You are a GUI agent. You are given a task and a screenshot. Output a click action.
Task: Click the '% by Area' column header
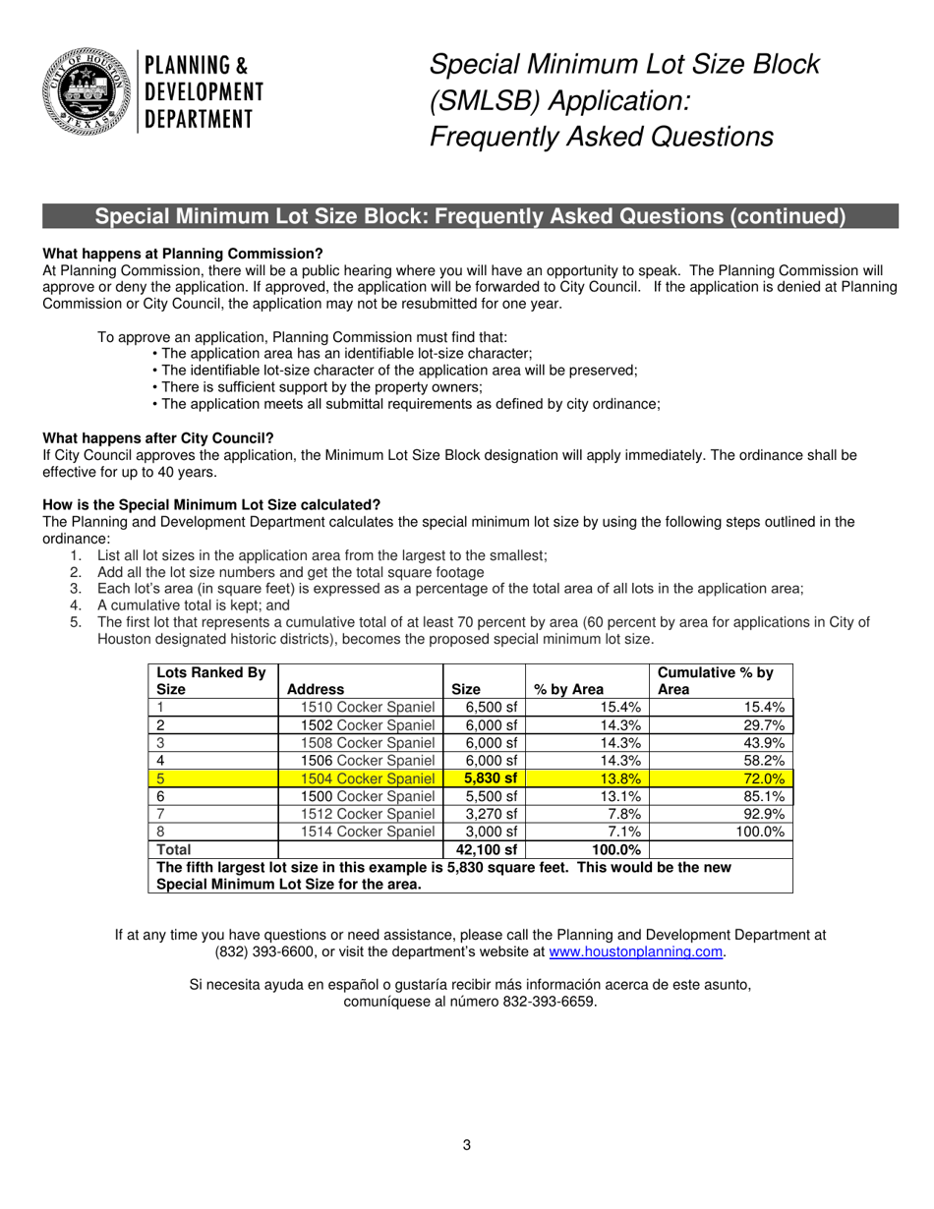click(x=568, y=690)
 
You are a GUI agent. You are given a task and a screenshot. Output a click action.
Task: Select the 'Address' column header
click(x=316, y=690)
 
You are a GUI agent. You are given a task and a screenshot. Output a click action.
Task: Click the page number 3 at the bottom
click(x=467, y=1144)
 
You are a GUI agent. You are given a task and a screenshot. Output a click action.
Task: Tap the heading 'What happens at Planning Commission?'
click(x=183, y=254)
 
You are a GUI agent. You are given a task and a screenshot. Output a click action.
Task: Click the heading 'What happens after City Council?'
click(x=158, y=437)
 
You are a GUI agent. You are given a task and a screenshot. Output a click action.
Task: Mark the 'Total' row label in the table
click(x=174, y=849)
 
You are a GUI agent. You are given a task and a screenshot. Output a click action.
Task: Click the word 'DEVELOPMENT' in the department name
click(x=204, y=92)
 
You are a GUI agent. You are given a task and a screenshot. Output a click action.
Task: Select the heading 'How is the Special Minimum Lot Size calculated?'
click(x=211, y=504)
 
